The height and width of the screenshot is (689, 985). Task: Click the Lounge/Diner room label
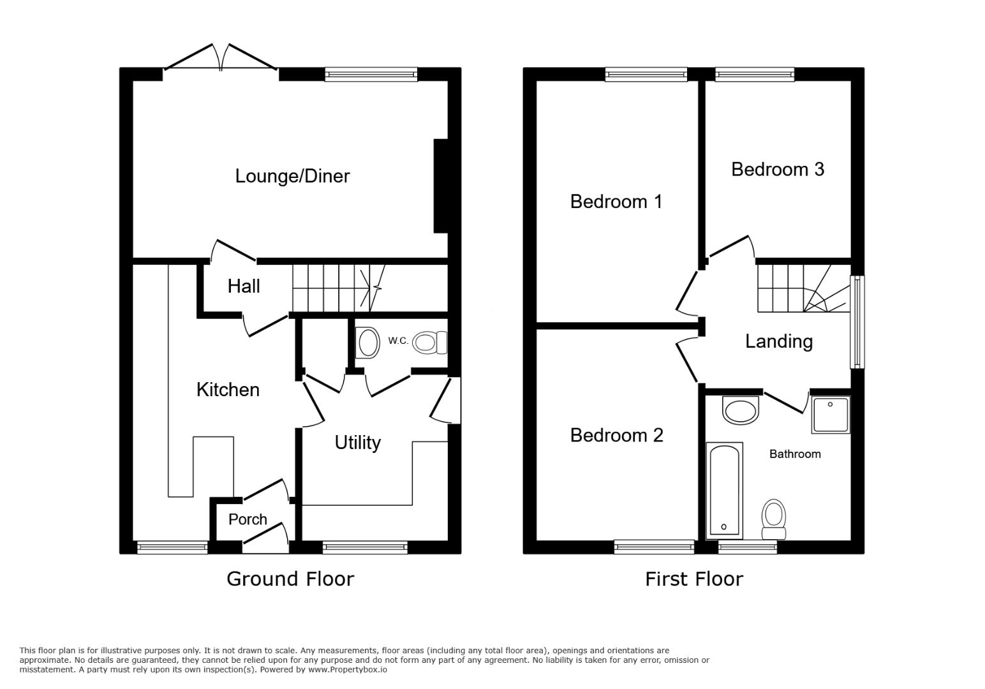pos(292,176)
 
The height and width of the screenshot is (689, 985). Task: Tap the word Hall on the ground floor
pos(244,286)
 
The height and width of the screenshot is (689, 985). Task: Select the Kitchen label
pos(228,390)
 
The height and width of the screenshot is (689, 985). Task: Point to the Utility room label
pos(357,442)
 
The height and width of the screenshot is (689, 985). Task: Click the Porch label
pos(248,519)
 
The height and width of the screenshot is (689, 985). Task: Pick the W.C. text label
pos(398,341)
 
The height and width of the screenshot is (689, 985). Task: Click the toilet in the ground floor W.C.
pos(428,343)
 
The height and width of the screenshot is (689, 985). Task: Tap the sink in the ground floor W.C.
pos(368,343)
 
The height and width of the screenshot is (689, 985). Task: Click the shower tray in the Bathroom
pos(831,415)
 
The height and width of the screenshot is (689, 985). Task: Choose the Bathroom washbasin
pos(741,410)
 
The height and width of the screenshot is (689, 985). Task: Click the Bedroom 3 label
pos(777,169)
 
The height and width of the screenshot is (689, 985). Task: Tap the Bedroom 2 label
pos(616,435)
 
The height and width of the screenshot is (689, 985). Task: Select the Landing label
pos(778,341)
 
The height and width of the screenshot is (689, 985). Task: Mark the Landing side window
pos(857,322)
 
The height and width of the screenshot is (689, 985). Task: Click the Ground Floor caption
pos(290,579)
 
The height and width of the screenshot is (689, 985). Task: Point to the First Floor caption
pos(693,579)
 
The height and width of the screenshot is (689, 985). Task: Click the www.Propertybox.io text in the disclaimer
pos(348,670)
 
